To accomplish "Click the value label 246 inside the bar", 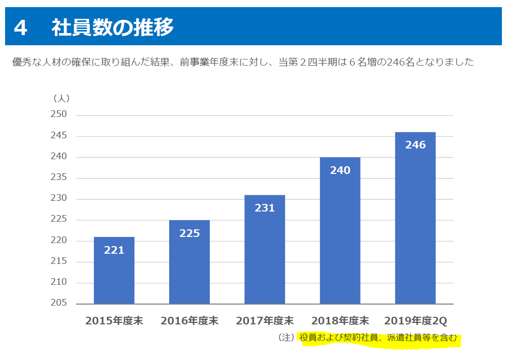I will pos(415,145).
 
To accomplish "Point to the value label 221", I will pos(114,250).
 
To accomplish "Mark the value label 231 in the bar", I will pos(265,207).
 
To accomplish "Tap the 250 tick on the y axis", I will pos(59,115).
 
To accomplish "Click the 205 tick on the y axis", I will pos(59,304).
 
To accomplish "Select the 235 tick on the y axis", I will pos(59,178).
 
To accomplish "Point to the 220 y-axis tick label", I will pos(59,241).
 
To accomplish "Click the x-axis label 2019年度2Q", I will pos(415,321).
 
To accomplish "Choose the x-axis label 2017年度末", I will pos(265,321).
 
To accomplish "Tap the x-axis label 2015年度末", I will pos(114,321).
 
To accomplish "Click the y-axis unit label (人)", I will pos(61,98).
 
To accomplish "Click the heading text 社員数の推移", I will pos(112,27).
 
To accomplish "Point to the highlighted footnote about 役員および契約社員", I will pos(378,337).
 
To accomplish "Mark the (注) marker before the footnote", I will pos(287,337).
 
